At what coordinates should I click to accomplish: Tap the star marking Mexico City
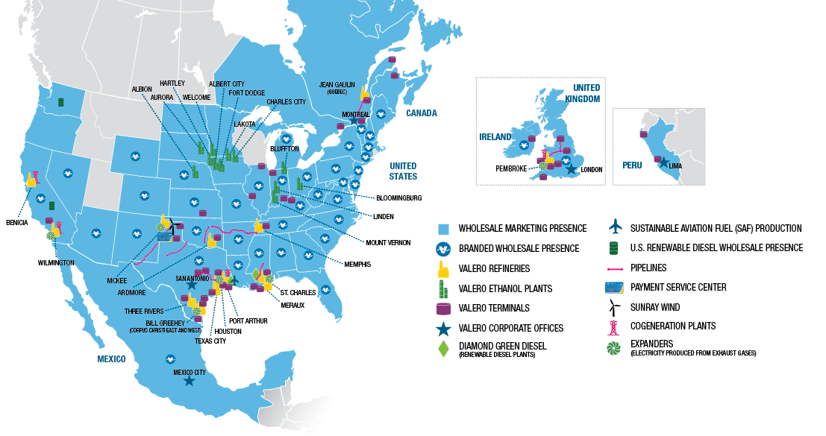pyautogui.click(x=190, y=381)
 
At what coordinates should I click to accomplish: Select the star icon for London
pyautogui.click(x=572, y=170)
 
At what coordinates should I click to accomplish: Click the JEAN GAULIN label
pyautogui.click(x=337, y=84)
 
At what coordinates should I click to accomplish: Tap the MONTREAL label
pyautogui.click(x=356, y=114)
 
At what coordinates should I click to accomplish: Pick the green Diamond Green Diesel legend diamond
pyautogui.click(x=444, y=347)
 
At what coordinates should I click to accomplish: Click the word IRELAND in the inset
pyautogui.click(x=495, y=137)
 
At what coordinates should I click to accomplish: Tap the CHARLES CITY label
pyautogui.click(x=286, y=101)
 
